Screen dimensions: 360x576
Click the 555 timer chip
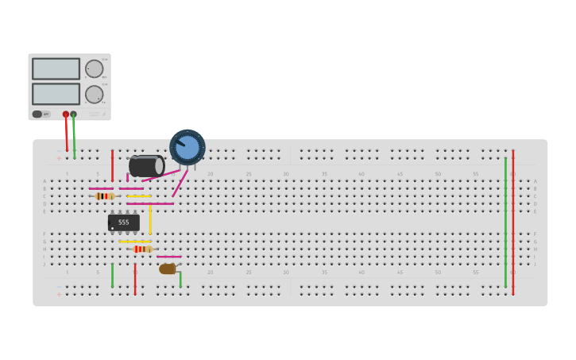[x=123, y=223]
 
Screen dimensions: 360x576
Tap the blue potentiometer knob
[x=187, y=147]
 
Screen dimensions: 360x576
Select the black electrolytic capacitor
[x=146, y=166]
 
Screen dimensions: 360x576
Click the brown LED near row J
[x=167, y=269]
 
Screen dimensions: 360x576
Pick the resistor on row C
[x=104, y=195]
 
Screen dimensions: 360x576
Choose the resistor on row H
[x=143, y=249]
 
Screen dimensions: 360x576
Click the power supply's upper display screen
[x=56, y=68]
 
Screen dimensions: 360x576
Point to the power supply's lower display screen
[x=56, y=94]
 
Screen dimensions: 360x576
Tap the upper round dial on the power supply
[x=94, y=68]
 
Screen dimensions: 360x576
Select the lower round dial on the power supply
[x=94, y=94]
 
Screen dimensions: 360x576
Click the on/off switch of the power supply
[x=37, y=114]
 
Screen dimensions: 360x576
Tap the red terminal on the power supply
[x=66, y=114]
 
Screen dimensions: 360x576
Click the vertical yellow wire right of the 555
[x=149, y=219]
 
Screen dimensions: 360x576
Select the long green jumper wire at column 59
[x=505, y=223]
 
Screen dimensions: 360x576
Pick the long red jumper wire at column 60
[x=513, y=223]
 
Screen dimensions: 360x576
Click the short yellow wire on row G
[x=134, y=242]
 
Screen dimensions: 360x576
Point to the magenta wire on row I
[x=168, y=257]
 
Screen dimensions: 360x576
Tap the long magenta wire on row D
[x=149, y=203]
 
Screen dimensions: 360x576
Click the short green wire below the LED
[x=180, y=279]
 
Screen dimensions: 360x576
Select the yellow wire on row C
[x=138, y=195]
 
